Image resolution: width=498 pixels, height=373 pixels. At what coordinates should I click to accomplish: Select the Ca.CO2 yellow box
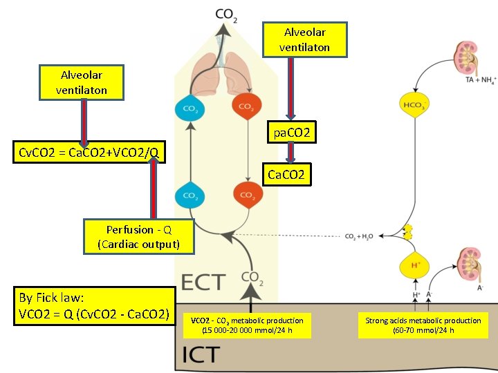(x=286, y=175)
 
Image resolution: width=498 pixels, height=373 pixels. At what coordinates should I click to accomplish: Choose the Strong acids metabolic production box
(x=423, y=325)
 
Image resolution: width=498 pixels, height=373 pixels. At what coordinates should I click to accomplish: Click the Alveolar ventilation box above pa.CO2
(x=304, y=39)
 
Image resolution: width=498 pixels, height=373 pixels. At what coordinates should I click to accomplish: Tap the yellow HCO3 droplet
(x=414, y=105)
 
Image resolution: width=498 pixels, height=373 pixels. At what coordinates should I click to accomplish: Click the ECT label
(x=203, y=282)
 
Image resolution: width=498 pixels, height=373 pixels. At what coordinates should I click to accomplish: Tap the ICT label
(x=201, y=355)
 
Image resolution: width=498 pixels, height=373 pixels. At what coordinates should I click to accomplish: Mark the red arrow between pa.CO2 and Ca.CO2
(x=292, y=153)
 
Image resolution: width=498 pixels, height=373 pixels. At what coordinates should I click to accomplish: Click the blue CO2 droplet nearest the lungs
(x=190, y=108)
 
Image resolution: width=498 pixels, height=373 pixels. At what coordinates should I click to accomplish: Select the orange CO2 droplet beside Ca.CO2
(x=246, y=195)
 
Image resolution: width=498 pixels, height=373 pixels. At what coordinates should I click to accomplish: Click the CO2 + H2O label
(x=360, y=236)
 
